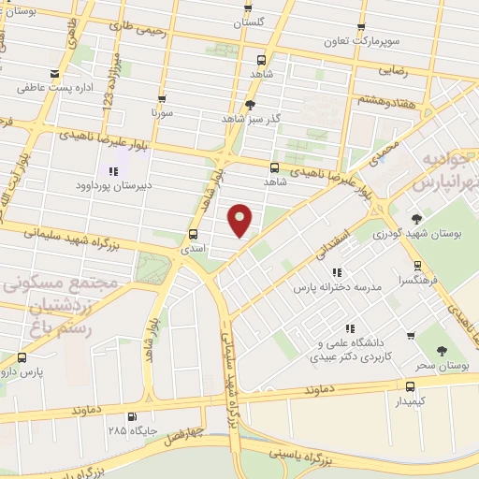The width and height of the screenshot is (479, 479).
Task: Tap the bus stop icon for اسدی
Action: pyautogui.click(x=194, y=235)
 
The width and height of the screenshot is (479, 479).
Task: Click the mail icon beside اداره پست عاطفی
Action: pyautogui.click(x=54, y=74)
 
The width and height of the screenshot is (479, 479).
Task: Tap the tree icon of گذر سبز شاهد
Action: pyautogui.click(x=249, y=105)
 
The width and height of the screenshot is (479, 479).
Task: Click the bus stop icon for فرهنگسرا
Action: pyautogui.click(x=417, y=265)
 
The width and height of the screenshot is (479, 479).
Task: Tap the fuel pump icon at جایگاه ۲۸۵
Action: pyautogui.click(x=132, y=417)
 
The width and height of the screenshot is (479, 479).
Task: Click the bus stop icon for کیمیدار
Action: pyautogui.click(x=410, y=385)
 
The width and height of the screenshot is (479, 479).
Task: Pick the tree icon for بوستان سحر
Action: pyautogui.click(x=441, y=350)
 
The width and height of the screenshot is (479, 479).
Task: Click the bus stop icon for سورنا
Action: pyautogui.click(x=162, y=99)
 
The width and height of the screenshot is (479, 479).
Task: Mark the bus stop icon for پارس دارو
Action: pyautogui.click(x=22, y=356)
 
